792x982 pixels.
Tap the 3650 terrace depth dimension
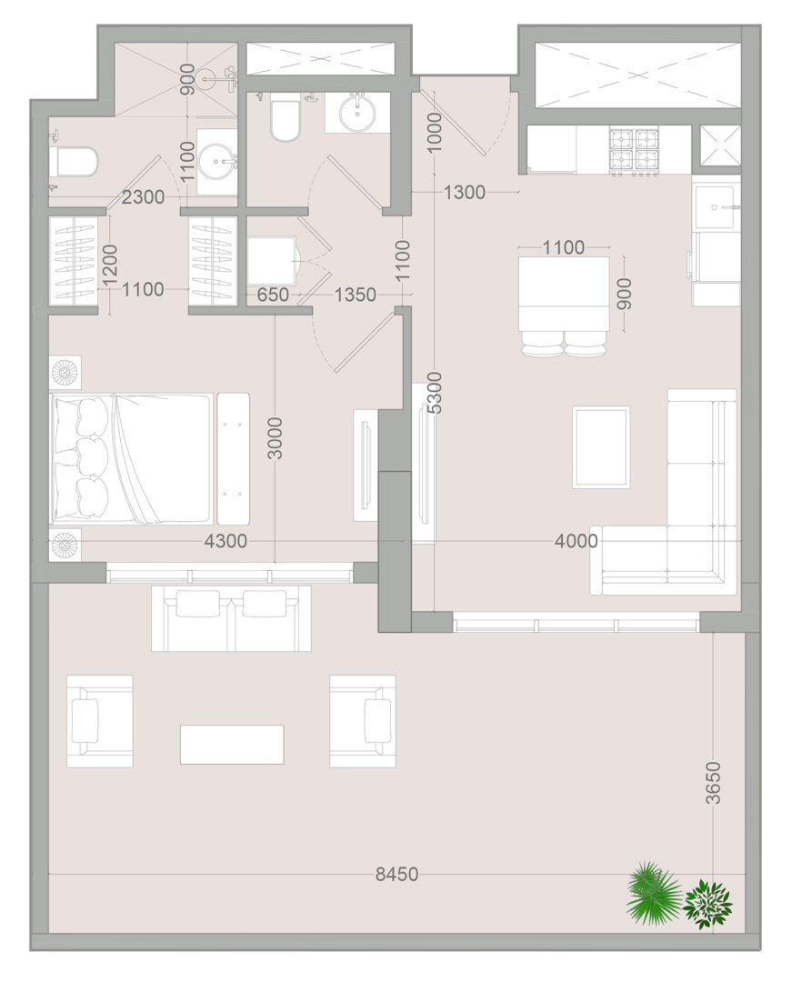click(x=712, y=782)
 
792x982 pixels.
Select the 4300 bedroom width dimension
click(x=226, y=540)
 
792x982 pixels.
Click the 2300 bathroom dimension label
click(x=143, y=197)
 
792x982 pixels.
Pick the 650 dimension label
click(x=273, y=294)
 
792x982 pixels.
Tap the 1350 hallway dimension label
click(x=355, y=294)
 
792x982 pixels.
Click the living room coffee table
click(x=601, y=447)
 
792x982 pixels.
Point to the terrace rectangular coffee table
click(x=232, y=745)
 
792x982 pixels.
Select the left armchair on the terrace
click(x=100, y=721)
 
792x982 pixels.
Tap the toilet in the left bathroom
click(x=75, y=163)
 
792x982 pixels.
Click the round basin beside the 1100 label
click(x=217, y=162)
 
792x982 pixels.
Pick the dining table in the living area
click(x=564, y=294)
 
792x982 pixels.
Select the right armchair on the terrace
click(x=363, y=721)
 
